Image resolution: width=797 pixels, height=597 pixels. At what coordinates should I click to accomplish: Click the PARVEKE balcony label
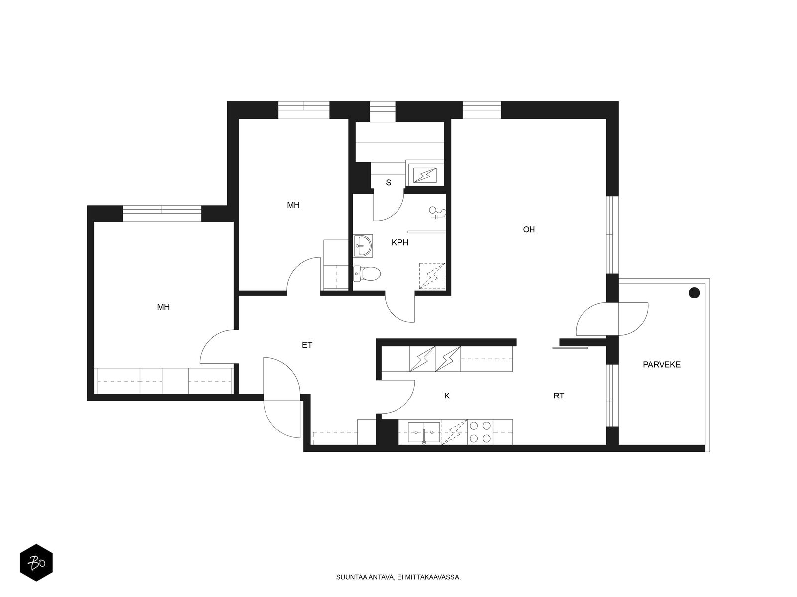[662, 365]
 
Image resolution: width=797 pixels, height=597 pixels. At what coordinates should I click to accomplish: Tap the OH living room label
[529, 229]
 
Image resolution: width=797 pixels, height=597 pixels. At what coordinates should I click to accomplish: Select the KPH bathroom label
[400, 242]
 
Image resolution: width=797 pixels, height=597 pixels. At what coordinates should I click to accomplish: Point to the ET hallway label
[307, 345]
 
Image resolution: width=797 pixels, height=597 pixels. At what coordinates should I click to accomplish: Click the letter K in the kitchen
[447, 396]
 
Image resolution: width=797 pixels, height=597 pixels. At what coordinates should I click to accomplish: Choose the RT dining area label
[559, 396]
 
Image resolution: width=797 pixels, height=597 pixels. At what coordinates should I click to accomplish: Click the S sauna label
[388, 182]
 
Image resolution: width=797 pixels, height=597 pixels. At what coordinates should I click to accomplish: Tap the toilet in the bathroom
[367, 274]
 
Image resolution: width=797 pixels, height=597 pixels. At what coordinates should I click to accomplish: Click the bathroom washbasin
[363, 246]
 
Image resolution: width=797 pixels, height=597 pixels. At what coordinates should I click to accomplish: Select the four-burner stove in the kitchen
[480, 432]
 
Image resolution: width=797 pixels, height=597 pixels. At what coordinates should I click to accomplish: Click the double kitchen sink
[424, 432]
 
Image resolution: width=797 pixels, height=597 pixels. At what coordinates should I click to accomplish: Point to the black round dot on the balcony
[694, 293]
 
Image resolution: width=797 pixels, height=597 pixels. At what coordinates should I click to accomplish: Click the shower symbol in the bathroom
[437, 213]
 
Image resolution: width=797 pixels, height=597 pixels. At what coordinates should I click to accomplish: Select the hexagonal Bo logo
[36, 563]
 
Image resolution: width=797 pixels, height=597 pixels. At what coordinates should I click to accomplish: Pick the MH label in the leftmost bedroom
[163, 307]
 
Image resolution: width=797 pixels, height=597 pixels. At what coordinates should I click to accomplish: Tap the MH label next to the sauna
[293, 205]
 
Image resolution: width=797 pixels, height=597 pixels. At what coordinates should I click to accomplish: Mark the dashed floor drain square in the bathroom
[432, 276]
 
